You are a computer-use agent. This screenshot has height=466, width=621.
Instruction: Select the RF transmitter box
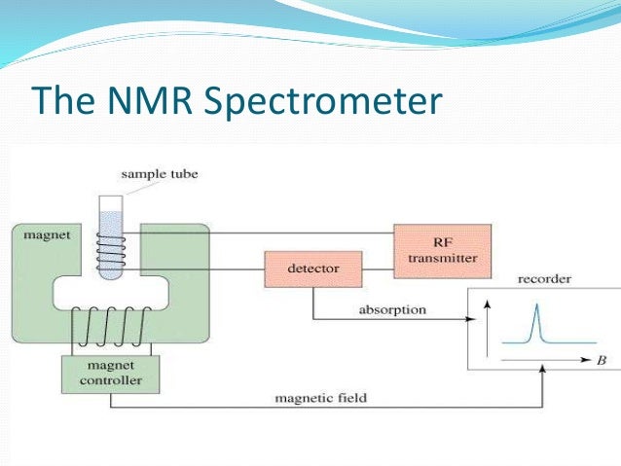click(x=442, y=250)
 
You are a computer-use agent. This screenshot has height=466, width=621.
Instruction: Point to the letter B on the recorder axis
click(x=602, y=359)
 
